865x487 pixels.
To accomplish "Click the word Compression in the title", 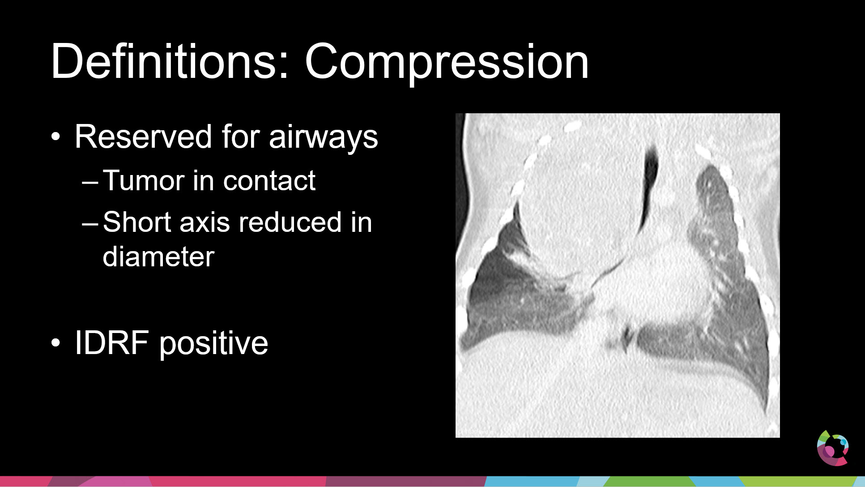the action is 446,63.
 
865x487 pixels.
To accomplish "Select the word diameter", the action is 158,257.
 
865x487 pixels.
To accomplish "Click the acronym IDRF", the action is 111,342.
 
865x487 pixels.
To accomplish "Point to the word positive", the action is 214,344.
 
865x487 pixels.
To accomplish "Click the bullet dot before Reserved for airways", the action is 55,137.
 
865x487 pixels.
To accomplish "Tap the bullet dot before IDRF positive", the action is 55,343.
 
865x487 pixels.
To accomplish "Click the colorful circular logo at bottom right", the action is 832,448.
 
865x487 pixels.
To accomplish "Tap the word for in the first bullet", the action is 240,137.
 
